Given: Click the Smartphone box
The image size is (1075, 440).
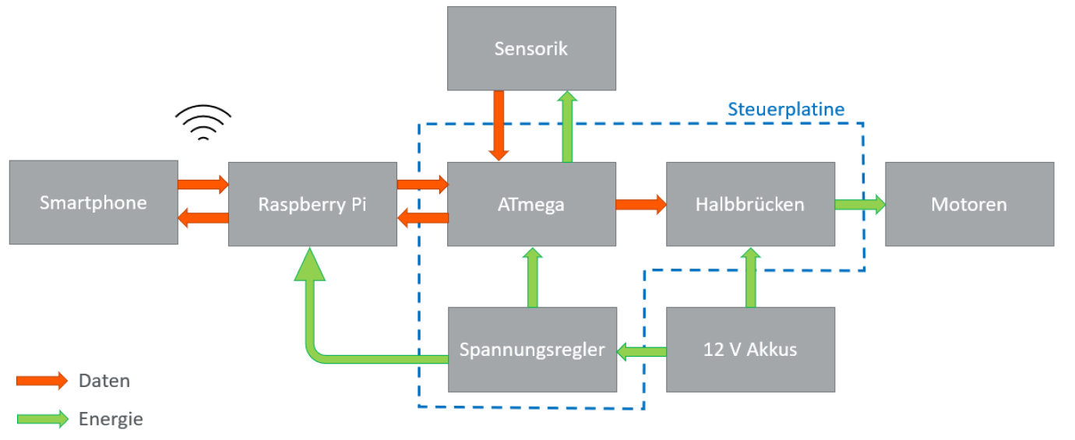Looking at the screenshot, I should tap(93, 202).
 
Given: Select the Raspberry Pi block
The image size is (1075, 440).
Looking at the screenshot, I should tap(312, 204).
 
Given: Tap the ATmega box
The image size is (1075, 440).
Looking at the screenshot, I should tap(531, 204).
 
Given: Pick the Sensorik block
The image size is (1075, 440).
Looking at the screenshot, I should tap(531, 48).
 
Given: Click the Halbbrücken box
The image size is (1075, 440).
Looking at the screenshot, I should tap(750, 204).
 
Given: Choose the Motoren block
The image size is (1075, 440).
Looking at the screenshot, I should tap(969, 204).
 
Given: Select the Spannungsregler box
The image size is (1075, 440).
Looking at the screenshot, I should tap(532, 349).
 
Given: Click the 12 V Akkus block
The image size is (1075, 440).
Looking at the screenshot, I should tap(750, 349).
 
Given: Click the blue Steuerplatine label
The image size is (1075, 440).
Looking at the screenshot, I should tap(786, 109).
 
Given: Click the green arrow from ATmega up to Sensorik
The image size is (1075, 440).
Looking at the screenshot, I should tap(567, 126).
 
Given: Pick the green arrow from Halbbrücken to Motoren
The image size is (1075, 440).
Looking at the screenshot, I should tap(859, 204).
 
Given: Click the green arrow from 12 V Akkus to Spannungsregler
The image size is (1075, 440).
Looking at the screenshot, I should tap(641, 352).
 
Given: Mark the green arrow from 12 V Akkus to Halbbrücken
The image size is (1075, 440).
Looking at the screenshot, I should tap(750, 277).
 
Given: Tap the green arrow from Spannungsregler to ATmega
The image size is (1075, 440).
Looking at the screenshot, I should tap(533, 277).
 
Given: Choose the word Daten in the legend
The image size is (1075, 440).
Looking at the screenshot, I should tap(104, 381).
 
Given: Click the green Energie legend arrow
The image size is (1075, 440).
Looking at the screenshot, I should tap(42, 419).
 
